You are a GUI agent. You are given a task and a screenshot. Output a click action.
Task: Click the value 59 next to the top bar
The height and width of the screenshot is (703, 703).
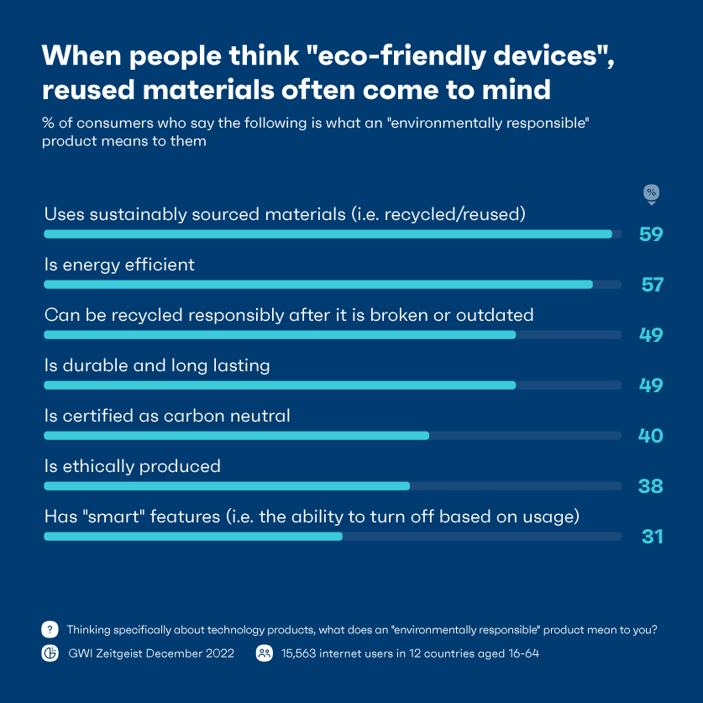point(650,234)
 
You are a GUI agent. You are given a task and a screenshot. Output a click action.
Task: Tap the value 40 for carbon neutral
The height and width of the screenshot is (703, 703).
point(650,436)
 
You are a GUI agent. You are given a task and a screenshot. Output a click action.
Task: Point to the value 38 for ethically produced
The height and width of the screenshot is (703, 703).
point(650,486)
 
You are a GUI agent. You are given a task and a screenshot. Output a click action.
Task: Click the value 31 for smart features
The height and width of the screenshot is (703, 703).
point(652,537)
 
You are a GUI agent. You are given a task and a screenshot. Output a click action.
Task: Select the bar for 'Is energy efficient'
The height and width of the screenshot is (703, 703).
point(318,285)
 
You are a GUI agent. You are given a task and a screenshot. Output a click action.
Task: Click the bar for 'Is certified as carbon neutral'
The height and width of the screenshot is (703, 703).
point(236,436)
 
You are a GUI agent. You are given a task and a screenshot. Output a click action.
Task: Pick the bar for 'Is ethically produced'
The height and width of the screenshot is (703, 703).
point(227,486)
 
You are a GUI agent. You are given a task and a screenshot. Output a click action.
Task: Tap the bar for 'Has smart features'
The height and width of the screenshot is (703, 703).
point(193,537)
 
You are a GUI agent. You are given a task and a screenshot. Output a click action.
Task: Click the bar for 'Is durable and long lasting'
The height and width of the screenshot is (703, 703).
point(280,386)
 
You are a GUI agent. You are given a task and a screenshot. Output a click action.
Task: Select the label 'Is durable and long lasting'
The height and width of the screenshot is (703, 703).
point(157,365)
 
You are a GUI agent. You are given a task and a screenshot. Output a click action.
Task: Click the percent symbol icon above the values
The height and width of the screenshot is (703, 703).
point(651,194)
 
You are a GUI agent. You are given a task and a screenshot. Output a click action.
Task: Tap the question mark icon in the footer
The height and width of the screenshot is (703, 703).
point(50,629)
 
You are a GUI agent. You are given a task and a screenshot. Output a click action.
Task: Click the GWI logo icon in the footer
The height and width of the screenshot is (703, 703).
point(50,653)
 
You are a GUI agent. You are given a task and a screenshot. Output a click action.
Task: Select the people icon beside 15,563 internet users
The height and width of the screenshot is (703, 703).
point(264,653)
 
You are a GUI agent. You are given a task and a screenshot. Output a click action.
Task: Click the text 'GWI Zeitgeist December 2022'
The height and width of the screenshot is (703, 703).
point(151,653)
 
